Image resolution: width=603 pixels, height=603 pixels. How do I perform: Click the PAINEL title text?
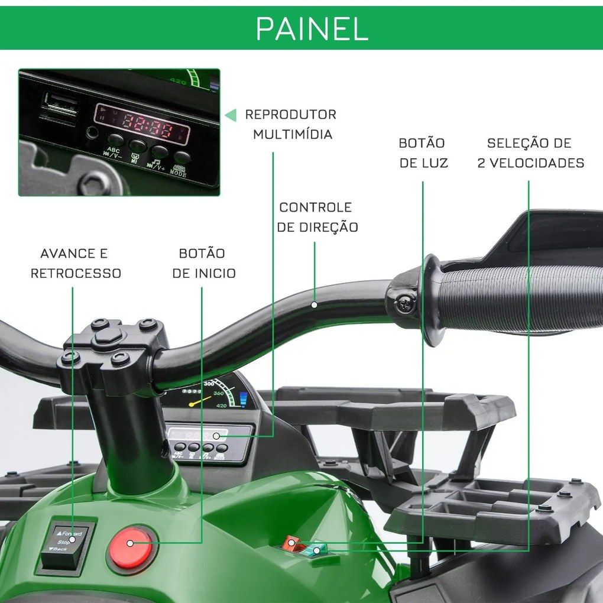coord(312,28)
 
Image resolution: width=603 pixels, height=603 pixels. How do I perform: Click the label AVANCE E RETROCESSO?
coord(75,263)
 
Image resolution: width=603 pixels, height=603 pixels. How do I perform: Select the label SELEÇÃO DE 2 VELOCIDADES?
coord(530,153)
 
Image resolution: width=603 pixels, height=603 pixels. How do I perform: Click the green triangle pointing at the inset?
coord(231,115)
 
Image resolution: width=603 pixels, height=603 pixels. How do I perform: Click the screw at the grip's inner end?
coord(406,303)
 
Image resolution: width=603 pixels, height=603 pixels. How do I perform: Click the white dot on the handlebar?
coord(314,305)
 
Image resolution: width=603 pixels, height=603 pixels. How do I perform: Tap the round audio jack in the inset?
coord(91,132)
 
